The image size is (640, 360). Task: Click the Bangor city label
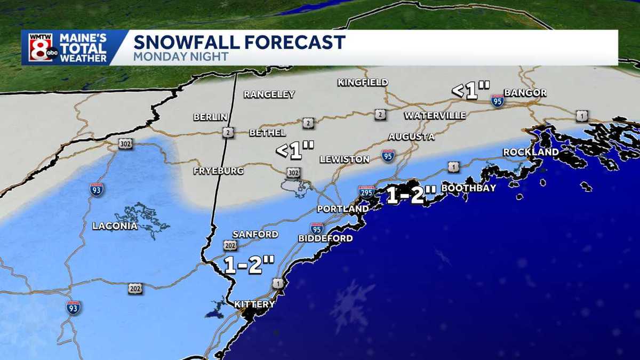coord(525,93)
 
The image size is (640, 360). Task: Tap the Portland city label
coord(342,209)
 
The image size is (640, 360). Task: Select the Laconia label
coord(115,226)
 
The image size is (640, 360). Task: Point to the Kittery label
coord(254,305)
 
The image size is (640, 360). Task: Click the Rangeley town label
coord(269,94)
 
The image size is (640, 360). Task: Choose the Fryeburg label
coord(219,171)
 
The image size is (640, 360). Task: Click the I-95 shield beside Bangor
coord(498,100)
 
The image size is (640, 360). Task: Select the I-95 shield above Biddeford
coord(317,228)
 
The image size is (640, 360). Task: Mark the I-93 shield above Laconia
coord(97,189)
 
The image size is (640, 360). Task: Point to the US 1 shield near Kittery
coord(277,284)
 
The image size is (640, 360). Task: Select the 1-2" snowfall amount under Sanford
coord(249,265)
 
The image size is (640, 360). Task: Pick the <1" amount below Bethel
coord(295,150)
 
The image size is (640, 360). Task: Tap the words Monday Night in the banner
coord(181,57)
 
